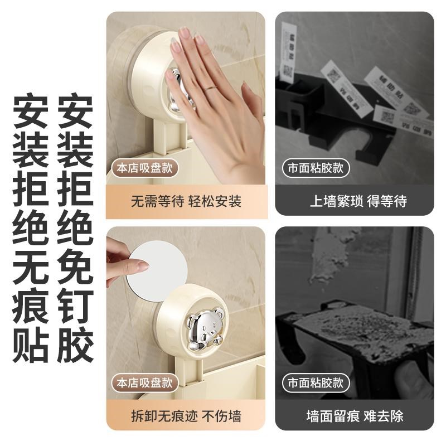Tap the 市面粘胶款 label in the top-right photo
click(x=316, y=168)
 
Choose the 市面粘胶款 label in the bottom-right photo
click(x=316, y=383)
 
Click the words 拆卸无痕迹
click(x=161, y=416)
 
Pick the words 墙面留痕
click(x=328, y=416)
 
